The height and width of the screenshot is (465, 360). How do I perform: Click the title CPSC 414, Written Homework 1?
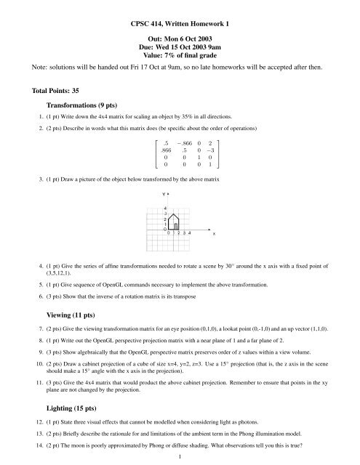click(x=180, y=24)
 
